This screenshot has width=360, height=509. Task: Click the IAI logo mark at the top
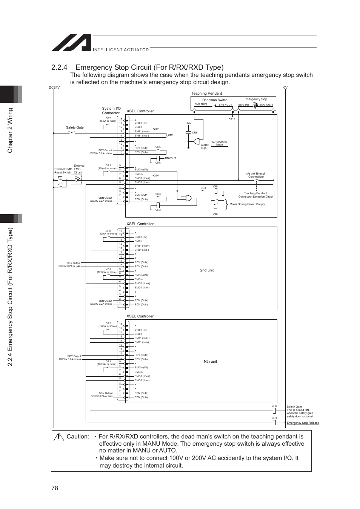tap(71, 43)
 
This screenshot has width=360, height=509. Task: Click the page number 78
tap(55, 488)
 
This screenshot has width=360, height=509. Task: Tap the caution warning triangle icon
tap(58, 437)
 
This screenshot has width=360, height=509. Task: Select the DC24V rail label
tap(54, 87)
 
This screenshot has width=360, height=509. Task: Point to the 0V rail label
tap(285, 87)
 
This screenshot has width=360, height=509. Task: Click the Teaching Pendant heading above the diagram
tap(206, 93)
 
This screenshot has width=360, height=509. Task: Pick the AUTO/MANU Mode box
tap(220, 143)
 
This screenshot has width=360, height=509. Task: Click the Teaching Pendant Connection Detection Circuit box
tap(256, 195)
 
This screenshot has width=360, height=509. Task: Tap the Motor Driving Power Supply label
tap(247, 204)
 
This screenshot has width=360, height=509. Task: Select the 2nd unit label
tap(207, 270)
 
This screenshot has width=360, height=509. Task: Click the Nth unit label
tap(210, 361)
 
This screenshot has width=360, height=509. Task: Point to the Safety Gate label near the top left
tap(75, 127)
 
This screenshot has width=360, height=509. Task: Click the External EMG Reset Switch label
tap(63, 171)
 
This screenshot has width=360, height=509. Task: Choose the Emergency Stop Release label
tap(303, 423)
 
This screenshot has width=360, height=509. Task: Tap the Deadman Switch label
tap(215, 100)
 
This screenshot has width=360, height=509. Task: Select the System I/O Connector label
tap(111, 110)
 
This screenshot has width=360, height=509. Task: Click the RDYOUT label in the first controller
tap(171, 158)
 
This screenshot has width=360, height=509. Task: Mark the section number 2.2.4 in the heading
tap(59, 67)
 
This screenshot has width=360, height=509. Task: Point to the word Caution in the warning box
tap(78, 436)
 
